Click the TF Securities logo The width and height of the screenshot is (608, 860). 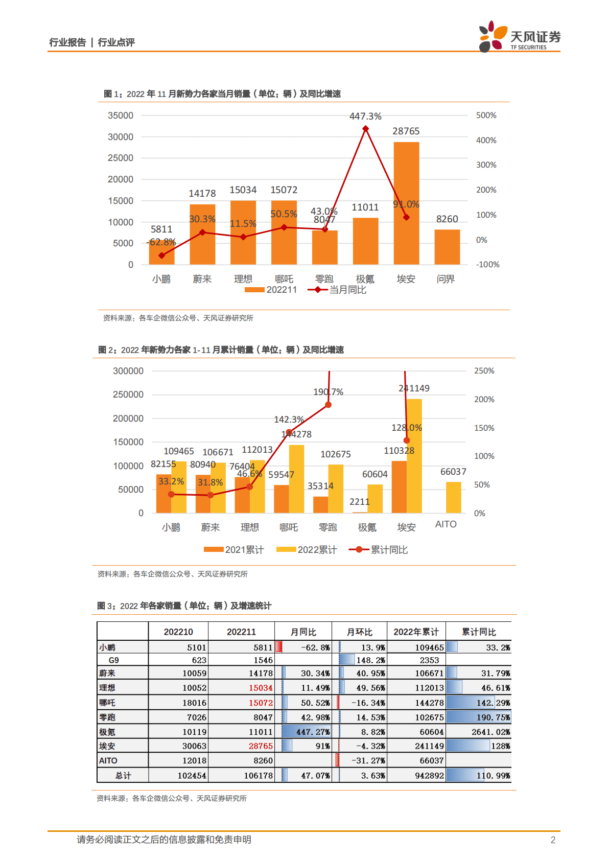click(519, 37)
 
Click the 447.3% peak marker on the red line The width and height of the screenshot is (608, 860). click(365, 129)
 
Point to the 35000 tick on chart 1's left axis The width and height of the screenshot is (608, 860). click(121, 115)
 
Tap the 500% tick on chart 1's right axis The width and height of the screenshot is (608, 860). click(486, 115)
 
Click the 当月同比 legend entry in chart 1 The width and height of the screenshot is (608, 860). click(337, 290)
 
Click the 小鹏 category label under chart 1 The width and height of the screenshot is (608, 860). click(161, 279)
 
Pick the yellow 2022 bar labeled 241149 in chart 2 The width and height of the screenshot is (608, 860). click(414, 455)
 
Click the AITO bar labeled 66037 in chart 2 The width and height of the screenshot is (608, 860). click(453, 497)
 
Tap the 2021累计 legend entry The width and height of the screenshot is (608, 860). click(234, 550)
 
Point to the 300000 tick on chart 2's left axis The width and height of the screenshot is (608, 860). click(128, 371)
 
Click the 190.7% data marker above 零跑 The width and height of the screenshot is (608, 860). click(328, 405)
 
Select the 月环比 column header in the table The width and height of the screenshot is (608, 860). click(359, 632)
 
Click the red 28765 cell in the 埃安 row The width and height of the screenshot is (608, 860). click(261, 746)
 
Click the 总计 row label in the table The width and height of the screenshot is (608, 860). click(123, 776)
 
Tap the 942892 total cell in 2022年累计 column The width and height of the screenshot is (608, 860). click(429, 776)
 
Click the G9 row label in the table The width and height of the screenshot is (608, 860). click(113, 660)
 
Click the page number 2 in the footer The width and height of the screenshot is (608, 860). click(552, 840)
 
